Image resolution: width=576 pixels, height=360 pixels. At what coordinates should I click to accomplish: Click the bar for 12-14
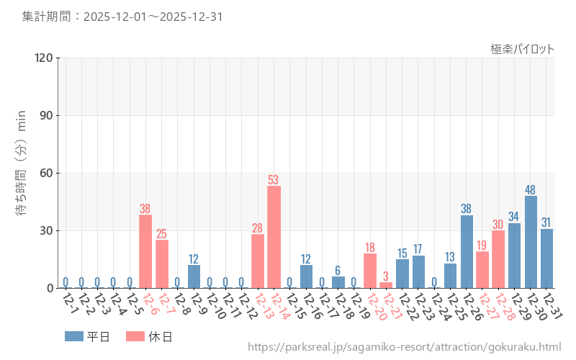pos(274,237)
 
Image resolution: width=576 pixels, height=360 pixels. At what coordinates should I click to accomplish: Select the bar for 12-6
pos(145,251)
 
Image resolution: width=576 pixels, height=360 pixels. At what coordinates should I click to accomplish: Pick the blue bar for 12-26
pos(467,251)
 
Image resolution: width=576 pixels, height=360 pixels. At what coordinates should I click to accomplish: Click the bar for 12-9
pos(194,276)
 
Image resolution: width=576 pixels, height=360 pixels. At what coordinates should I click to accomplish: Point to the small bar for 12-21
pos(386,285)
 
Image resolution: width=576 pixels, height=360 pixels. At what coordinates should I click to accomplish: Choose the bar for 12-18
pos(338,282)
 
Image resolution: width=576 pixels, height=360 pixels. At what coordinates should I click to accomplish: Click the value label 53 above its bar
pos(274,180)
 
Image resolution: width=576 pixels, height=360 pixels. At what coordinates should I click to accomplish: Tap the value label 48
pos(531,190)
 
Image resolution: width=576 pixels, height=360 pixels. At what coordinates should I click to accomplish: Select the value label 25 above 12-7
pos(161,234)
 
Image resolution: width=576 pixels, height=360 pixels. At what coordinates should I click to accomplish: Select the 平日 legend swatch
pos(74,336)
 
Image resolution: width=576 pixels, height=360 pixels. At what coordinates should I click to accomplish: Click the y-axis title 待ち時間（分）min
pos(22,173)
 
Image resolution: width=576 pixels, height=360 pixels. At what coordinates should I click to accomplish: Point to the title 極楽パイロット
pos(523,49)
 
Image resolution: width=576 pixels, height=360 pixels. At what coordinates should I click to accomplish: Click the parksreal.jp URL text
pos(404,347)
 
